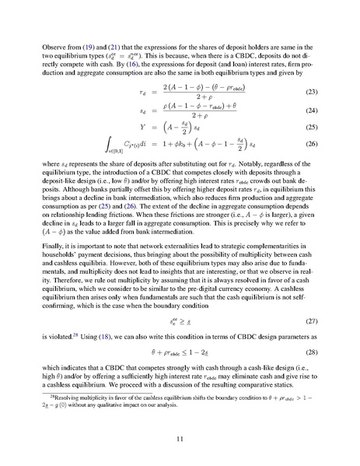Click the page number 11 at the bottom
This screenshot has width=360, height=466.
(180, 438)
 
